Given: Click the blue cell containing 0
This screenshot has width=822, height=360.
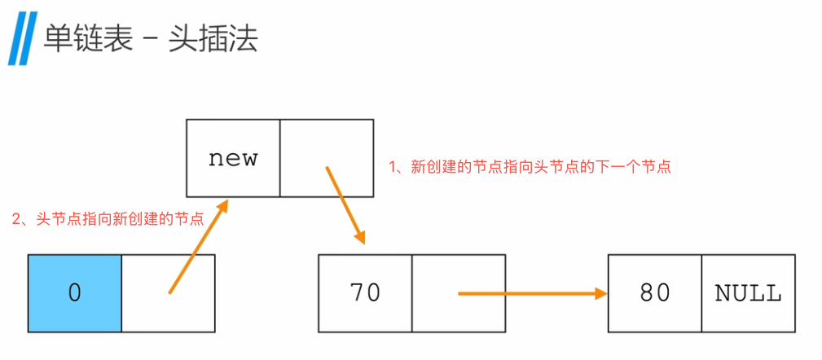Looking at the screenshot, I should [75, 293].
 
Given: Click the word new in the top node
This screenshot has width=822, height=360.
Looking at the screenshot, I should [233, 158].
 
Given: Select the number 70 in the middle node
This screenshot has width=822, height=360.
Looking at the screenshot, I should [365, 293].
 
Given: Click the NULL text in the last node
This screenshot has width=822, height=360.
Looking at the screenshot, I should [748, 293].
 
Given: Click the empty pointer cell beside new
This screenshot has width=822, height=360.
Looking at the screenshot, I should [327, 158].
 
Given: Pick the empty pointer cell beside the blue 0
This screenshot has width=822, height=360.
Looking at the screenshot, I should [169, 293].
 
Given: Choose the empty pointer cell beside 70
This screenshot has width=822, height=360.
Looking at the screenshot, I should [459, 293].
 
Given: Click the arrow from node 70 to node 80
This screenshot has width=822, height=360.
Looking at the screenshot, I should [530, 293].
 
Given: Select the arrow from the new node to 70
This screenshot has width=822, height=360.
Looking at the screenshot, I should [344, 204].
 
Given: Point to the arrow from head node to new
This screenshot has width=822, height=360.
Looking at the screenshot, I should [196, 248].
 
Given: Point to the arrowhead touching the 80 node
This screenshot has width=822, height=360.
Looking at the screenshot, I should [601, 293].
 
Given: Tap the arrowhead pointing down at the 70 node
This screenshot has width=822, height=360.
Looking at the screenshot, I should [358, 235].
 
